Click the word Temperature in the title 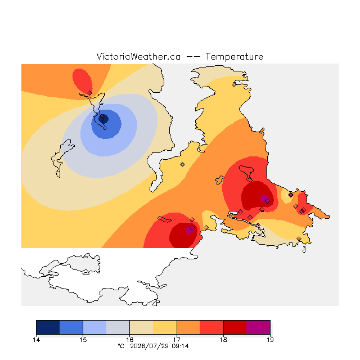(234, 57)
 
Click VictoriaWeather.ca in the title (138, 56)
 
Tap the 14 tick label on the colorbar (36, 340)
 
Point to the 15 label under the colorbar (83, 340)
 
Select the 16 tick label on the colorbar (130, 340)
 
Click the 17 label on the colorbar (177, 340)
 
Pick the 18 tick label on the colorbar (223, 340)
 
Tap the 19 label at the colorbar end (270, 340)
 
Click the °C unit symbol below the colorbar (121, 346)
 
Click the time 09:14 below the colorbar (180, 346)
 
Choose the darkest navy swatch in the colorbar (48, 327)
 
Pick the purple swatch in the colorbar (258, 327)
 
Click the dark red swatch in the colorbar (235, 327)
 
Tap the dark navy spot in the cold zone (103, 119)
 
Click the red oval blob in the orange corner (83, 80)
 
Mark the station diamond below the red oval (89, 93)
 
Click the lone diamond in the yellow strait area (182, 164)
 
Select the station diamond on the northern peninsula (234, 84)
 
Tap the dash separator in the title (193, 57)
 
